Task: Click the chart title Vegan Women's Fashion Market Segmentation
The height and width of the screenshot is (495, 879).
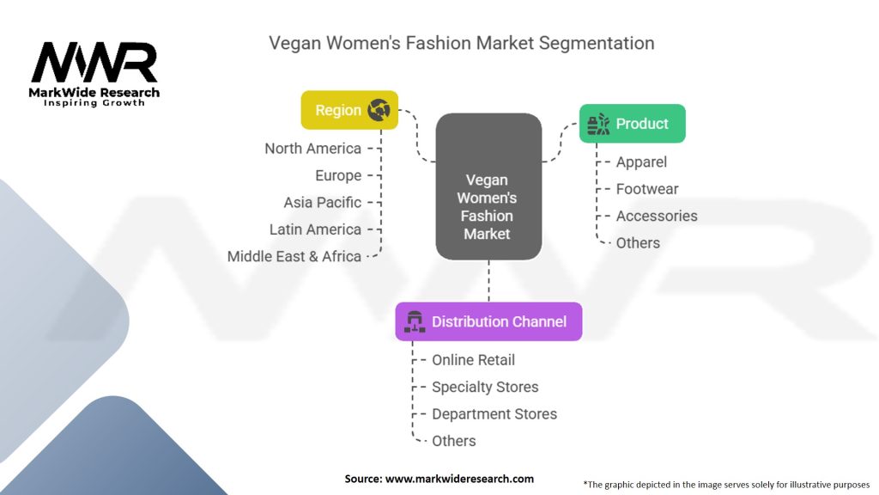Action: coord(461,43)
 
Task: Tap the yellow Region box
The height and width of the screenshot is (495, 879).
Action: coord(349,110)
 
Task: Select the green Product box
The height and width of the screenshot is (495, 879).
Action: coord(633,124)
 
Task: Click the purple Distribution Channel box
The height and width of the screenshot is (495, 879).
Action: coord(488,321)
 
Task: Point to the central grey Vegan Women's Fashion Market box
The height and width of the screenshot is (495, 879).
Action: coord(488,187)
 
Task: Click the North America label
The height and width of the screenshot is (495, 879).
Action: coord(312,149)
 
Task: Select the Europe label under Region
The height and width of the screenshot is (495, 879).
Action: coord(338,175)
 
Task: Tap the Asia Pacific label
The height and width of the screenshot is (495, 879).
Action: coord(323,203)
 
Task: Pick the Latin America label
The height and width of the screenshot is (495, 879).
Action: coord(315,229)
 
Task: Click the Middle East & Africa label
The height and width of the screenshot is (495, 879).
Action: coord(294,256)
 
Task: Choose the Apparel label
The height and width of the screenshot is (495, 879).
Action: coord(641,162)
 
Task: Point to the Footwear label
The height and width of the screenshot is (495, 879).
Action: coord(647,189)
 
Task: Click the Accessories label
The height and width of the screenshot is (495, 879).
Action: coord(657,216)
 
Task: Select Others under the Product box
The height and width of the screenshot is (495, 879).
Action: coord(638,243)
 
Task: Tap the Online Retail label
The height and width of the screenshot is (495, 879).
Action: coord(473,360)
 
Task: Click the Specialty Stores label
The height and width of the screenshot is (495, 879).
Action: coord(485,387)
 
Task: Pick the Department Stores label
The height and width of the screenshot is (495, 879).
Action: coord(494,414)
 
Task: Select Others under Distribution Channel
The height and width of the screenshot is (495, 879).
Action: coord(453,441)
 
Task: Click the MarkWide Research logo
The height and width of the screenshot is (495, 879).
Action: coord(95,73)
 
